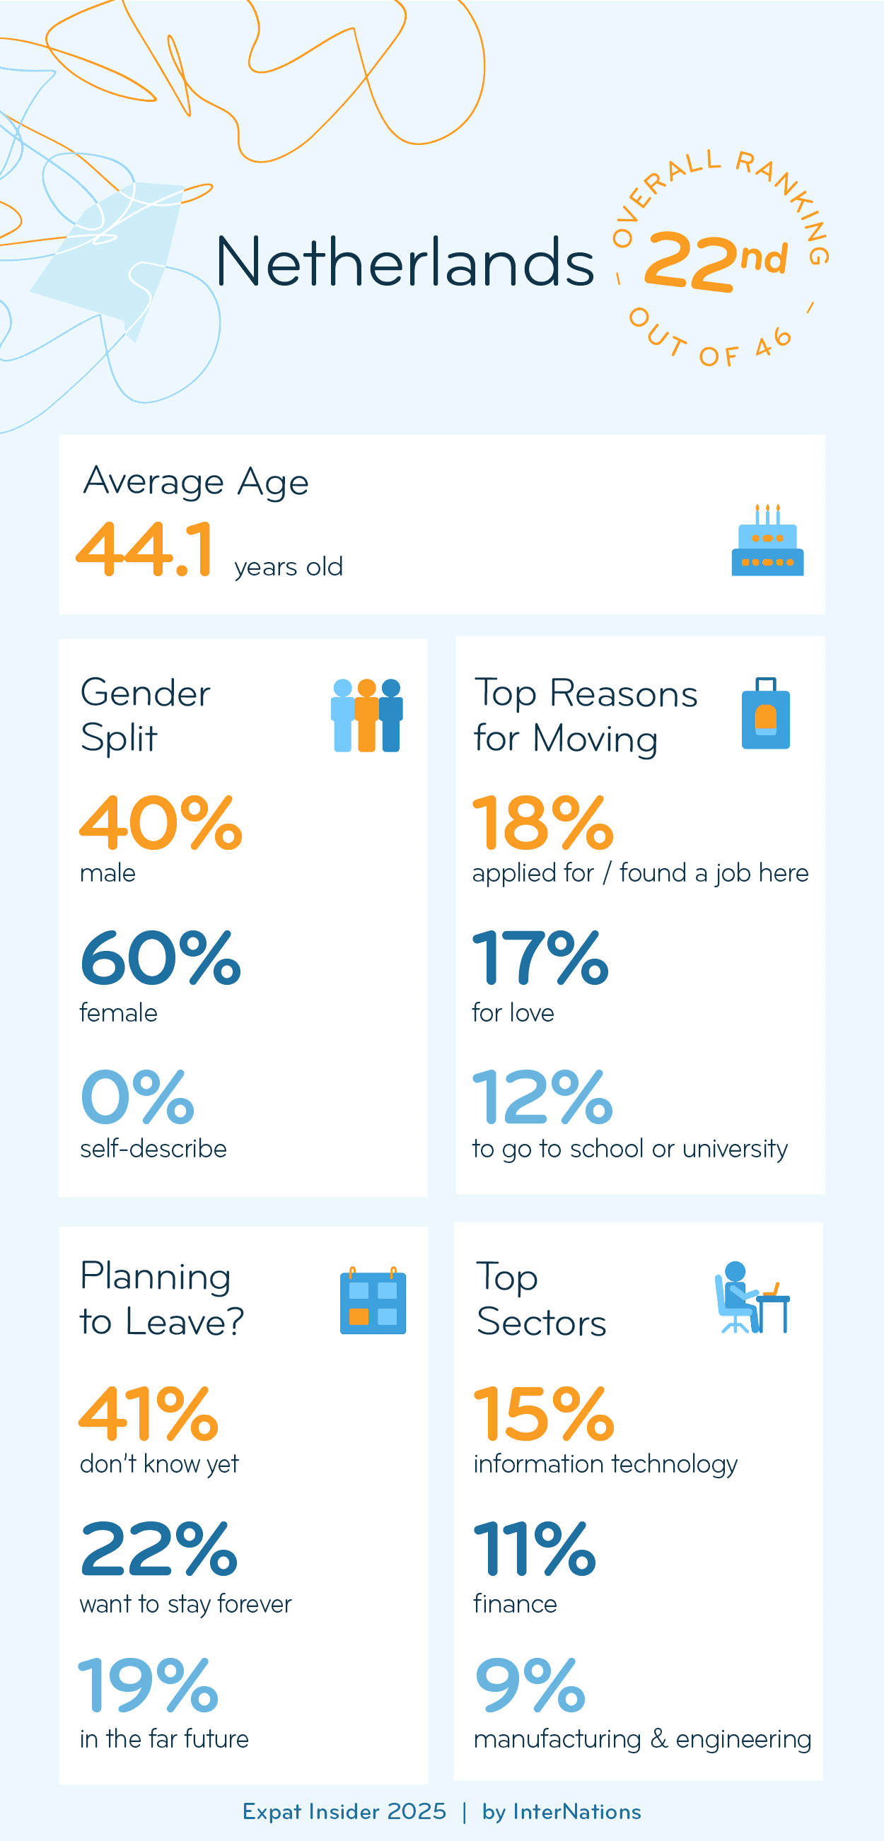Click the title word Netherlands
pos(405,262)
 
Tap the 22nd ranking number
pos(715,260)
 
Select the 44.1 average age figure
pos(144,549)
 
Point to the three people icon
pos(366,715)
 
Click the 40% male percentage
pos(161,824)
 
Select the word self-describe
pos(153,1148)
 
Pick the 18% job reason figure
pos(542,824)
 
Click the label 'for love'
pos(513,1013)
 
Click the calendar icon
pos(372,1301)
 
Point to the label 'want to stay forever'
pos(186,1604)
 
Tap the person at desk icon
pos(751,1298)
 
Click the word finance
pos(515,1604)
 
